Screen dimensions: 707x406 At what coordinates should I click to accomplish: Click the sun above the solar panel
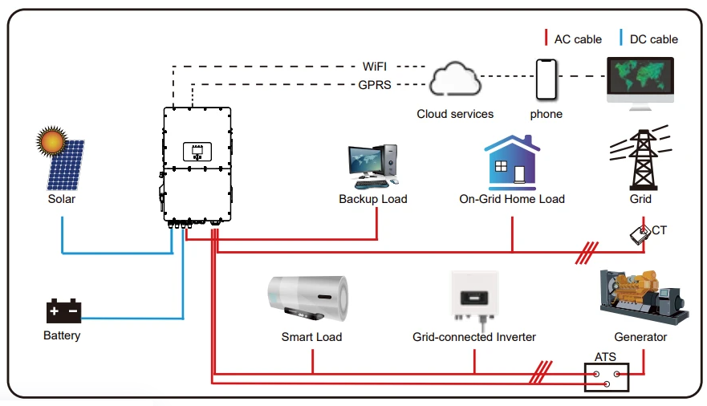click(x=51, y=141)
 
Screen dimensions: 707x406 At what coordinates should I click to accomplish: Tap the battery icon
click(x=63, y=311)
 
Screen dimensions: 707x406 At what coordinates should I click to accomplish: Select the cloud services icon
click(x=454, y=79)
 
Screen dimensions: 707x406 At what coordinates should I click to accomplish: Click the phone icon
click(x=546, y=79)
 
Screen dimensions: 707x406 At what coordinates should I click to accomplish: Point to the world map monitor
click(x=640, y=83)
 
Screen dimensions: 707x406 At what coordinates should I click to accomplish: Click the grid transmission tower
click(x=642, y=158)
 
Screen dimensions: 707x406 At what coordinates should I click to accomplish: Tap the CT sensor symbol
click(x=640, y=234)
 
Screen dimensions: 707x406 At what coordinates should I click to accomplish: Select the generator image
click(x=644, y=297)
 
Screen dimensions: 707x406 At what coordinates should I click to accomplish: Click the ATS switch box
click(x=607, y=377)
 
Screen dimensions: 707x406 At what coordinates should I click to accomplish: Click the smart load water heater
click(x=309, y=298)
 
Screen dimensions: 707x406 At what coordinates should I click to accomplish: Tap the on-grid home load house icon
click(x=512, y=163)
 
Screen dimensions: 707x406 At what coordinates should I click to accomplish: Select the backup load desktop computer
click(x=373, y=166)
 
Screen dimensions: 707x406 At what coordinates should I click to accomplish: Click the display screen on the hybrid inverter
click(x=197, y=152)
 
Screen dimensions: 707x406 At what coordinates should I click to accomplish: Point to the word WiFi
click(x=375, y=67)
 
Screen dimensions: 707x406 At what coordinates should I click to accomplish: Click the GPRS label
click(x=375, y=85)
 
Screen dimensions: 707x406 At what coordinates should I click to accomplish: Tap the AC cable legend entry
click(x=573, y=39)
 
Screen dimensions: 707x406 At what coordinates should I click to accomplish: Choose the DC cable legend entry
click(x=649, y=39)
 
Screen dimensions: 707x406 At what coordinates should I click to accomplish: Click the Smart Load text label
click(x=311, y=337)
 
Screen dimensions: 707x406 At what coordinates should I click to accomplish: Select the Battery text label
click(x=62, y=335)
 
